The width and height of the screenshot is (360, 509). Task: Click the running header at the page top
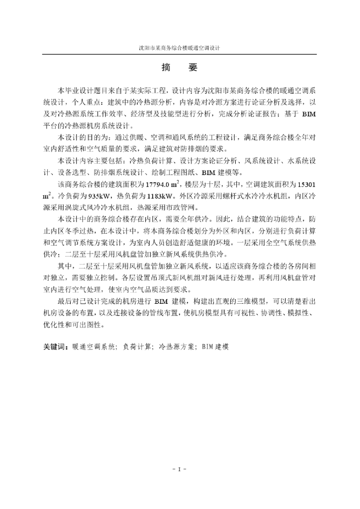pyautogui.click(x=180, y=49)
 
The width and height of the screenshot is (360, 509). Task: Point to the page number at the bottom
pyautogui.click(x=180, y=469)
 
